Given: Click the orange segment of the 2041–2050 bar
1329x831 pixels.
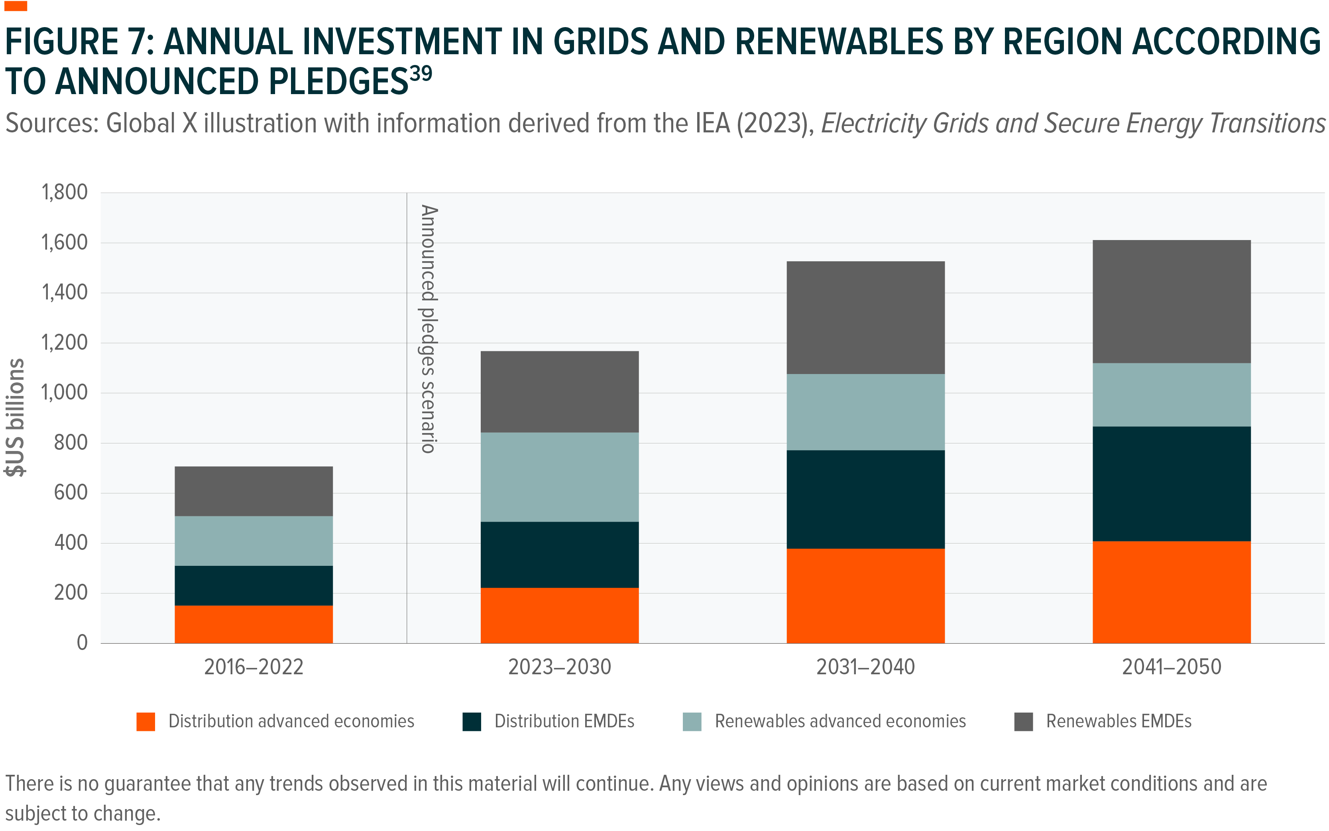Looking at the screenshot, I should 1171,592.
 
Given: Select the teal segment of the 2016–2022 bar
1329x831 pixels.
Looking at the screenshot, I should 253,540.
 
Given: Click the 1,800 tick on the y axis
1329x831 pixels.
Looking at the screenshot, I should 64,192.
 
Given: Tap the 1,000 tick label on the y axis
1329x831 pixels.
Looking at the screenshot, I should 64,392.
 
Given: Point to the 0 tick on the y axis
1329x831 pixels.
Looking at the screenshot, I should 82,642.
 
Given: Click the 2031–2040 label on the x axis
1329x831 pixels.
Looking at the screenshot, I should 865,667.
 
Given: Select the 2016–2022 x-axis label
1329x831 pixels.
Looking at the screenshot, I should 253,667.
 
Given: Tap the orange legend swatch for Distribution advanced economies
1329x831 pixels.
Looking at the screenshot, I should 145,722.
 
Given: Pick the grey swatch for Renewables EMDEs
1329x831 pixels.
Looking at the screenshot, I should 1023,722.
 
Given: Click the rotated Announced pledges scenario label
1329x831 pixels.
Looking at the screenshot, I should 428,329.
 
